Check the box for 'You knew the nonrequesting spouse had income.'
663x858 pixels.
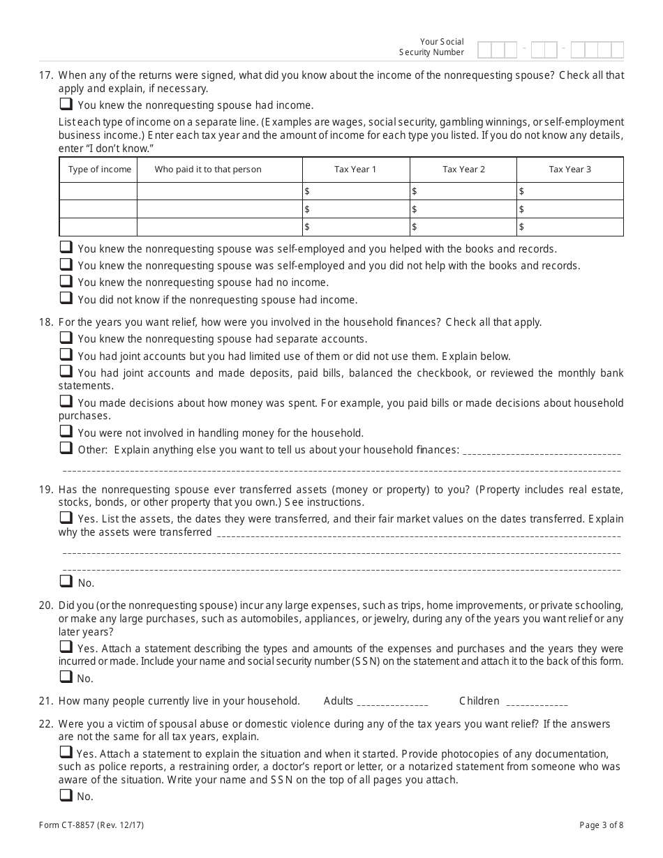[x=66, y=104]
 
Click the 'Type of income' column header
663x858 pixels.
[x=99, y=170]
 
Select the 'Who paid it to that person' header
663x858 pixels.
[x=208, y=170]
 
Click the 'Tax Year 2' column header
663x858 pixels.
[x=463, y=170]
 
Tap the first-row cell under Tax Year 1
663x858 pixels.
[x=356, y=191]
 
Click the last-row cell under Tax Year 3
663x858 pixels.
[x=570, y=227]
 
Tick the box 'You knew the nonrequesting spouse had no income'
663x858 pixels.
[x=66, y=281]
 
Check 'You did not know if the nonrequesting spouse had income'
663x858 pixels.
[x=66, y=299]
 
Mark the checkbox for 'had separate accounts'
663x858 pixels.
[x=66, y=338]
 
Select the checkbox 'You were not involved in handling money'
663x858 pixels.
[x=66, y=432]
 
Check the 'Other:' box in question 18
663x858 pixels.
[x=66, y=449]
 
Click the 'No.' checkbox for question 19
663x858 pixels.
[x=66, y=581]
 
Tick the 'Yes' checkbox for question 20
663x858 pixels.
[x=66, y=647]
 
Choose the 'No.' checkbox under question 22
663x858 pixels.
[x=66, y=795]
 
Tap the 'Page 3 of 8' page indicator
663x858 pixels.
[x=601, y=825]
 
